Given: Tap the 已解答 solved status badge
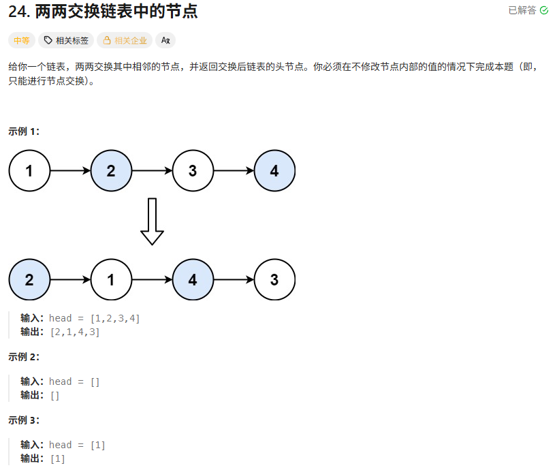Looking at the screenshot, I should coord(528,10).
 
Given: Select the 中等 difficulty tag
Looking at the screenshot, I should coord(22,41).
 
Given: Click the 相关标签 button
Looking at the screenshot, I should coord(66,41).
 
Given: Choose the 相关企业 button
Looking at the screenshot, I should coord(125,41).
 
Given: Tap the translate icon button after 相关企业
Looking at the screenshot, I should coord(165,41).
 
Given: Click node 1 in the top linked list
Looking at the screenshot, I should coord(29,170).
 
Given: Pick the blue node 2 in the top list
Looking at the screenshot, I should coord(111,170).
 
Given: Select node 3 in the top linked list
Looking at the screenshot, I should coord(193,170).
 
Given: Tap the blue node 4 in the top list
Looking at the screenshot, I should coord(274,170).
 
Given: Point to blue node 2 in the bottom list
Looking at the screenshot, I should coord(29,279).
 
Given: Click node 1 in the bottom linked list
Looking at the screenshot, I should coord(111,279).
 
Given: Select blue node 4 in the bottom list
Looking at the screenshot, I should coord(193,279).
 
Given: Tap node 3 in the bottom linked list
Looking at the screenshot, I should coord(274,279).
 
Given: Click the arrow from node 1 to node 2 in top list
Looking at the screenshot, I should coord(70,170).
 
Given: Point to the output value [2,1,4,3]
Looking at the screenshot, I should coord(75,332).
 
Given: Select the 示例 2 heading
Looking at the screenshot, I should coord(24,356).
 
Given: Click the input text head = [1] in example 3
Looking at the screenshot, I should coord(77,445).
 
